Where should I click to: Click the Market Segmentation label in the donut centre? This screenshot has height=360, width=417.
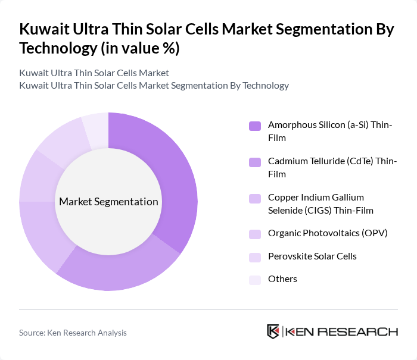click(108, 202)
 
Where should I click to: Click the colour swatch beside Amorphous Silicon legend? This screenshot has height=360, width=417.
click(255, 126)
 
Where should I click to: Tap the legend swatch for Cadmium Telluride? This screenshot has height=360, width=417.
click(255, 162)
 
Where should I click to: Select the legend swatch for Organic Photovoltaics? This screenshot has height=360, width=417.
click(255, 233)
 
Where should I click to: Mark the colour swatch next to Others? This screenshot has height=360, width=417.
click(255, 279)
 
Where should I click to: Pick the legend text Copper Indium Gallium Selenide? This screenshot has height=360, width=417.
click(316, 203)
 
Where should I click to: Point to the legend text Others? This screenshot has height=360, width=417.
click(282, 279)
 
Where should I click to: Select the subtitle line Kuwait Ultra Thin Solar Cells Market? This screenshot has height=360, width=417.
click(94, 73)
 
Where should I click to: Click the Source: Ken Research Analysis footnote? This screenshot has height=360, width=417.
click(73, 333)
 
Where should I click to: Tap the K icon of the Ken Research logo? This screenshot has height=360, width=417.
click(273, 331)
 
